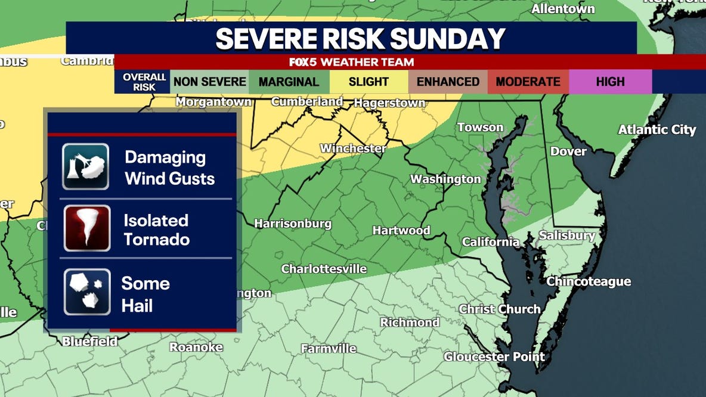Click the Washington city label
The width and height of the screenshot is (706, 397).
pyautogui.click(x=445, y=179)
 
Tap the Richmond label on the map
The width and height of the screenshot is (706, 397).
pyautogui.click(x=410, y=322)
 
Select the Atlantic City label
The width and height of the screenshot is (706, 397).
pyautogui.click(x=657, y=129)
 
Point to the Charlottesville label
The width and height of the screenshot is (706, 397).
pyautogui.click(x=324, y=269)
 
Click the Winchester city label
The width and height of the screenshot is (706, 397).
pyautogui.click(x=353, y=148)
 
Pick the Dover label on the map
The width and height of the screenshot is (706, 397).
pyautogui.click(x=568, y=151)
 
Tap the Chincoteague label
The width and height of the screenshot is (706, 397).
pyautogui.click(x=589, y=281)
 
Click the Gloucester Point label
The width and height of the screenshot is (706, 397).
pyautogui.click(x=494, y=357)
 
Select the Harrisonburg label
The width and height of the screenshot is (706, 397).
pyautogui.click(x=293, y=224)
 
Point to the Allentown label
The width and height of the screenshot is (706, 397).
pyautogui.click(x=563, y=9)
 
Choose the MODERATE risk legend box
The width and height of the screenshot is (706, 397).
pyautogui.click(x=528, y=82)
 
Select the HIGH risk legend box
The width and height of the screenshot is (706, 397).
pyautogui.click(x=610, y=82)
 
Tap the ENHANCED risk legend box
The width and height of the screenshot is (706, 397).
pyautogui.click(x=448, y=82)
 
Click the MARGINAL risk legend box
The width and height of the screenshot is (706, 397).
pyautogui.click(x=289, y=82)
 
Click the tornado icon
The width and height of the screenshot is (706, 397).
pyautogui.click(x=87, y=228)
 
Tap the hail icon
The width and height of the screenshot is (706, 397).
pyautogui.click(x=87, y=291)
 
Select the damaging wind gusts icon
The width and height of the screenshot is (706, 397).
pyautogui.click(x=86, y=166)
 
